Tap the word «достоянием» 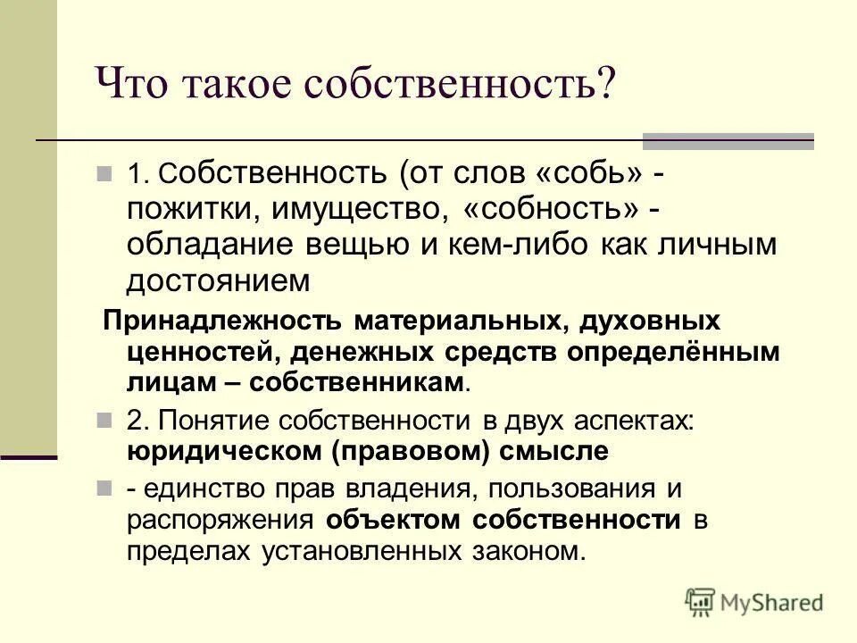coord(217,281)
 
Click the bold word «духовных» coord(653,320)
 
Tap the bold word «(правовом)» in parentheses coord(412,451)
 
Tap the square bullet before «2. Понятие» coord(104,419)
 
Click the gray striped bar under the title coord(728,140)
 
